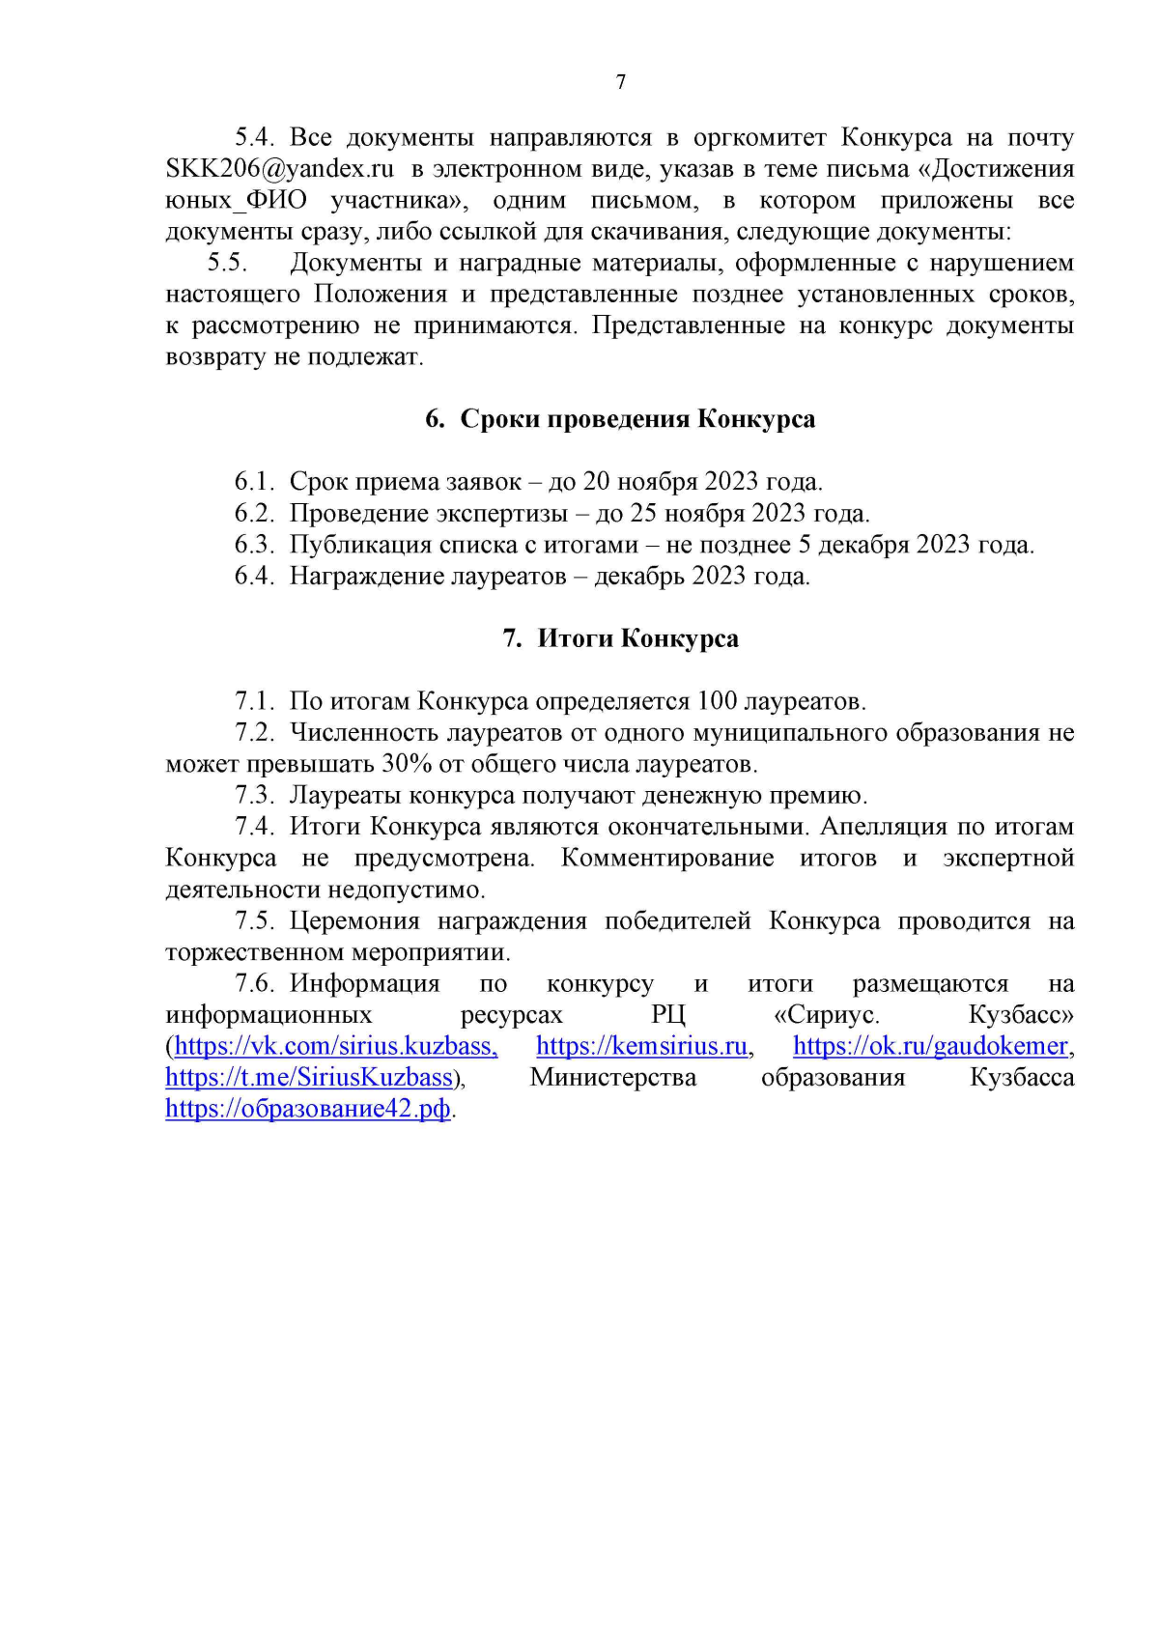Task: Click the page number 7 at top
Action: pos(620,82)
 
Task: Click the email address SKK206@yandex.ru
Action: pos(280,169)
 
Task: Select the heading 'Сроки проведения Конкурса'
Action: pos(636,419)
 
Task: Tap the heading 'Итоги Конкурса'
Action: pos(637,638)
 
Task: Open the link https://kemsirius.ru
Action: pos(643,1046)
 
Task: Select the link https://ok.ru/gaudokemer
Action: pos(931,1046)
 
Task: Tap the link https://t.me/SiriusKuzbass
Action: pos(309,1078)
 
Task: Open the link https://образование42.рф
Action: pos(308,1109)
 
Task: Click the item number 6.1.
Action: pos(254,482)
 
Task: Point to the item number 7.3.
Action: pos(255,796)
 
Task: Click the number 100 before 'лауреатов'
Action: pos(717,701)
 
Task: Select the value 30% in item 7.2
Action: pos(407,764)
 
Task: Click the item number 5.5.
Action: pos(227,263)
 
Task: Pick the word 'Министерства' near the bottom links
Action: pos(613,1078)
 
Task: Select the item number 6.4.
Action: pos(254,577)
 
